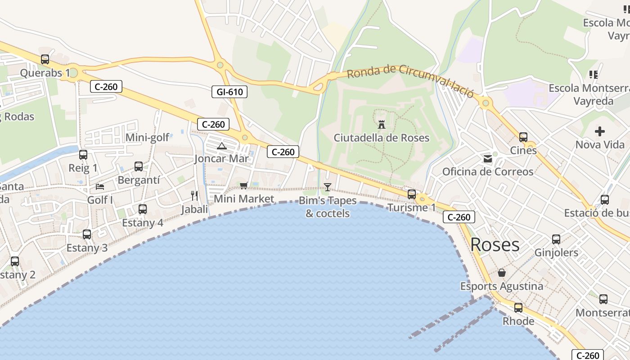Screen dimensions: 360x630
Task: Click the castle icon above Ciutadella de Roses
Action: point(382,124)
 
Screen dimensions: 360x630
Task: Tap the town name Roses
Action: point(495,245)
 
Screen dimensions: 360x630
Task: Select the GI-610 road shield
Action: point(229,92)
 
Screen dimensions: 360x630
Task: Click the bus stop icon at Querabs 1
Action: point(45,59)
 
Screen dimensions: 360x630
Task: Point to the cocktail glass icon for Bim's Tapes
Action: point(328,187)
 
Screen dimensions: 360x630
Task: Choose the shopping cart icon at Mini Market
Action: point(244,185)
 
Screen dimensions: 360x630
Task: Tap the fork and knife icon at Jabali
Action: point(194,195)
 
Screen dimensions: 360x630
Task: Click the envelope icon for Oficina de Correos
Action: point(488,158)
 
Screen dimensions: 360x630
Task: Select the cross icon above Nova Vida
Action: point(600,131)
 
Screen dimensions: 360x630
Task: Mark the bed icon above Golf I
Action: point(100,186)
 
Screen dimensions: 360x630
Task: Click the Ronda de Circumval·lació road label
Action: point(410,80)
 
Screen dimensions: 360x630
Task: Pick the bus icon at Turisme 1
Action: point(412,194)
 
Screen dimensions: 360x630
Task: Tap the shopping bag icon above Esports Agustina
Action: point(502,273)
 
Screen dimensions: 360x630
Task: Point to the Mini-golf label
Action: point(148,137)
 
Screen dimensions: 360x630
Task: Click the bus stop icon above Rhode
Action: point(518,308)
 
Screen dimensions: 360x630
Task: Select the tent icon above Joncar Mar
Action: point(221,146)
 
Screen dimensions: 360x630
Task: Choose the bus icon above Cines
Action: point(523,137)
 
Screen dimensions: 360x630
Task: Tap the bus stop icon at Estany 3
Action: point(87,234)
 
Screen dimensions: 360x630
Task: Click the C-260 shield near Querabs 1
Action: point(106,86)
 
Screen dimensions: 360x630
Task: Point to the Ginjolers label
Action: point(556,252)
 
